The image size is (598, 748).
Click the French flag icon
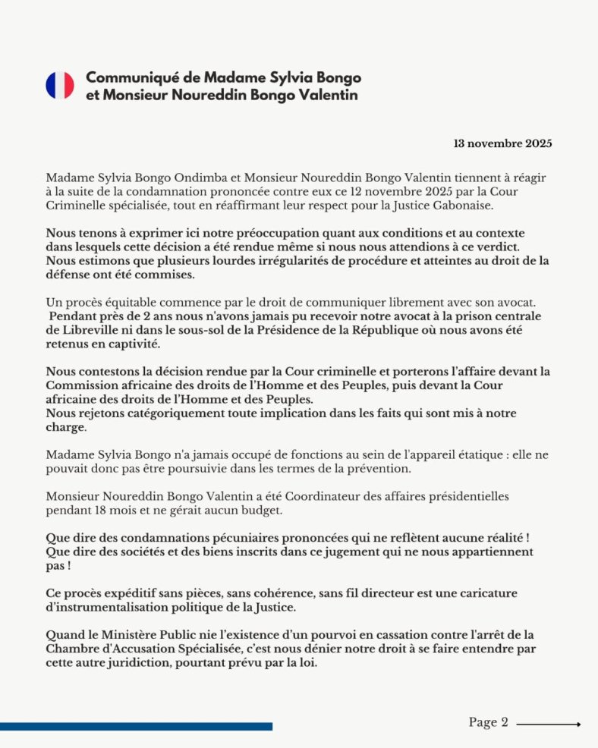coord(59,86)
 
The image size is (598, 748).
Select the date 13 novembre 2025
coord(502,143)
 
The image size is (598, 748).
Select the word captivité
coord(135,344)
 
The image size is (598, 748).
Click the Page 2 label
coord(488,722)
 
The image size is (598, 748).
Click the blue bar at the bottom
coord(136,726)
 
